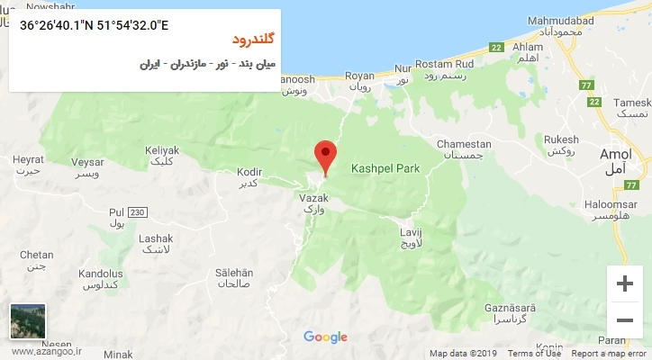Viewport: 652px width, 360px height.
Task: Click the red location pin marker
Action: (x=325, y=155)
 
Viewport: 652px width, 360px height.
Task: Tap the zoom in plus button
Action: (x=624, y=283)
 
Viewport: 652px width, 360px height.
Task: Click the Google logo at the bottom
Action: (x=325, y=337)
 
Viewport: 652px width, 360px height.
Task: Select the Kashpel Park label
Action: (x=386, y=168)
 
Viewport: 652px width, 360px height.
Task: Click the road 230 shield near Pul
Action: (x=136, y=211)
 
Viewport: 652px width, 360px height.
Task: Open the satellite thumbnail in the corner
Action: (x=28, y=321)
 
